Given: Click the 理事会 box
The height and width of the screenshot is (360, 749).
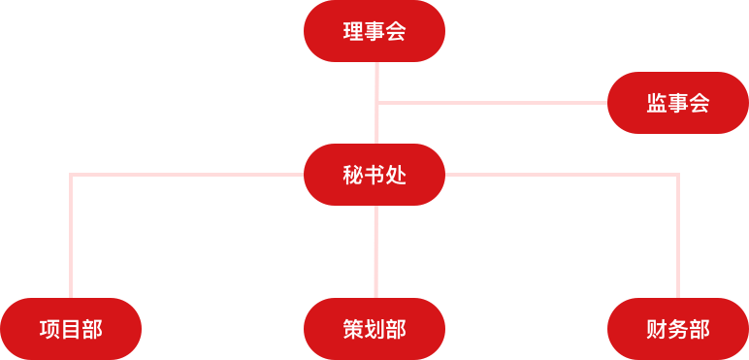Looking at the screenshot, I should [x=374, y=31].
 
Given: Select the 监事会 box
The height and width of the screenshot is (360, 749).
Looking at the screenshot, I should [x=677, y=102].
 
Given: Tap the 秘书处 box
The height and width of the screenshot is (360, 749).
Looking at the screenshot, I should [x=374, y=175].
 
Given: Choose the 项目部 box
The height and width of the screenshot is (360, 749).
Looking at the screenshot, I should [x=71, y=329].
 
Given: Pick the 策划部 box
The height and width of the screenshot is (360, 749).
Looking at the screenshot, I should [x=374, y=329].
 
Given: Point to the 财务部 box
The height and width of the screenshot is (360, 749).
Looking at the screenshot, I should [x=677, y=329].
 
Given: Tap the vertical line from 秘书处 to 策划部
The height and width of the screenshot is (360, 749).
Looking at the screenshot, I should [x=376, y=251].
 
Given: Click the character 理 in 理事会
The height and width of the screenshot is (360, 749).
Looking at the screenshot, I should [x=353, y=32].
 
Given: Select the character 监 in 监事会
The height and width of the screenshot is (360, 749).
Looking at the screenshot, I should [x=656, y=103].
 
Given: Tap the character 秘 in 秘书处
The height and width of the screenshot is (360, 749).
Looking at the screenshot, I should [x=353, y=176].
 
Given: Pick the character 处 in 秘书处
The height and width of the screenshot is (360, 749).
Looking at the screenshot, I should [x=396, y=176].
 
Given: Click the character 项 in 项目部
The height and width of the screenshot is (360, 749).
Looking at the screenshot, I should [x=49, y=330].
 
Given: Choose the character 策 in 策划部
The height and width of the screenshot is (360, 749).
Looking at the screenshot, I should [x=353, y=330].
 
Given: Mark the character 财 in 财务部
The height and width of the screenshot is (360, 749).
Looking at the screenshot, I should [x=656, y=330].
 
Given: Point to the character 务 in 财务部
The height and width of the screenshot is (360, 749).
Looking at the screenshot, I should [x=677, y=330].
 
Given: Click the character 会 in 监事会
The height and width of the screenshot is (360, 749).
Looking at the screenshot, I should [x=699, y=103].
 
